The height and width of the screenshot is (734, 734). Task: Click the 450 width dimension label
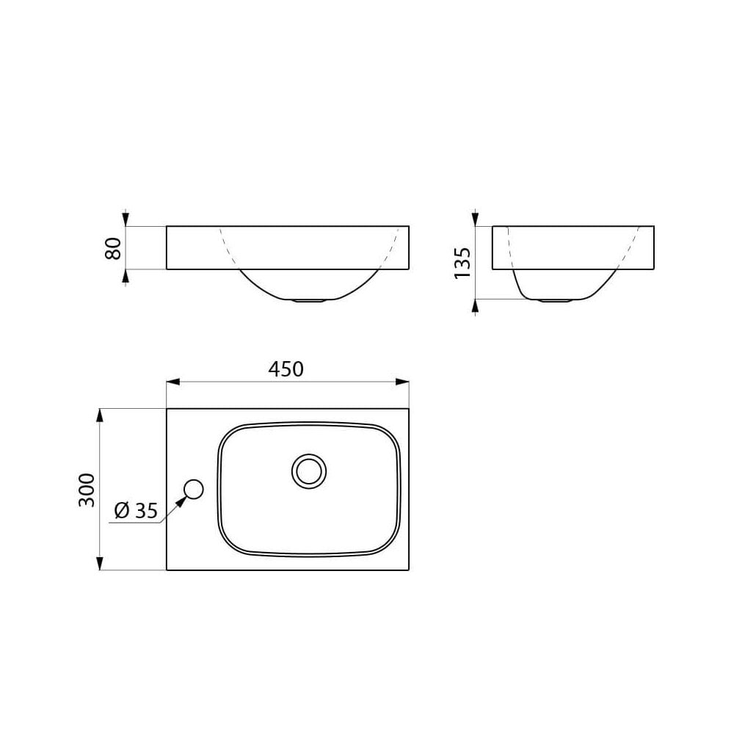pyautogui.click(x=286, y=369)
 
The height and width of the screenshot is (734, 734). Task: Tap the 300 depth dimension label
pyautogui.click(x=87, y=490)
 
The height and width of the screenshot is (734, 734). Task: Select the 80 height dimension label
pyautogui.click(x=113, y=248)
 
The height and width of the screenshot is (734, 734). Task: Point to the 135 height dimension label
pyautogui.click(x=462, y=263)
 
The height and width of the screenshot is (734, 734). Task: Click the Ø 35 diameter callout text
pyautogui.click(x=137, y=510)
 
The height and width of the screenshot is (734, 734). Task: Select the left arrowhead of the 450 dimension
pyautogui.click(x=173, y=382)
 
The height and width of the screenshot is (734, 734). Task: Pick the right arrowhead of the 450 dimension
pyautogui.click(x=402, y=382)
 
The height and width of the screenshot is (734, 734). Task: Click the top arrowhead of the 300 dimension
pyautogui.click(x=99, y=415)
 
